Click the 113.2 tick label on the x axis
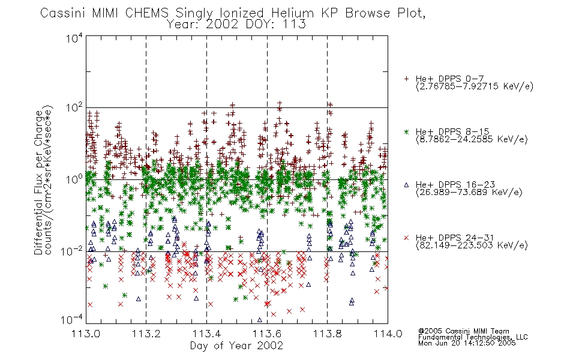(146, 334)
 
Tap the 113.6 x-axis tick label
(267, 334)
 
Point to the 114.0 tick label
(388, 334)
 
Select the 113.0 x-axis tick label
(86, 334)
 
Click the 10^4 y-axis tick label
(74, 38)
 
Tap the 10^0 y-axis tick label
(74, 179)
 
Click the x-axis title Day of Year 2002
(236, 346)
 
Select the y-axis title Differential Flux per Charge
(38, 182)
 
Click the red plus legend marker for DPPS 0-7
(406, 79)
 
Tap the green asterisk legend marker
(406, 131)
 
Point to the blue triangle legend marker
(406, 185)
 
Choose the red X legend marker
(406, 238)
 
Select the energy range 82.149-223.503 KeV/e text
(472, 245)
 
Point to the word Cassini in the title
(63, 13)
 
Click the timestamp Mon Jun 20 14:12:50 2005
(467, 343)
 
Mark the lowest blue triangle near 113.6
(260, 320)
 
